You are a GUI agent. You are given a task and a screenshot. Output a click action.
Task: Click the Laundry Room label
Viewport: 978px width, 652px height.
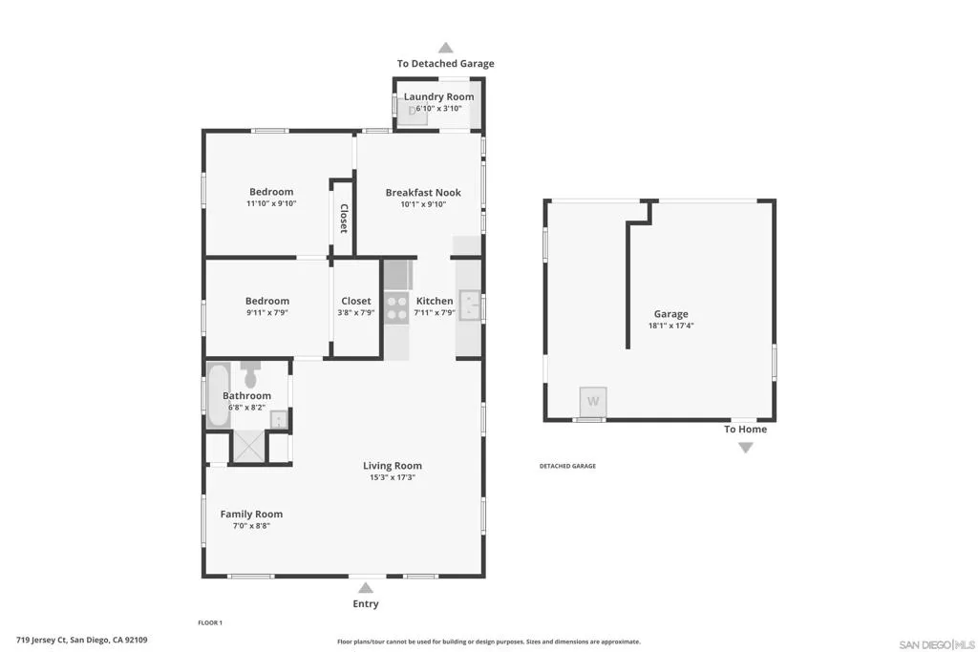(438, 96)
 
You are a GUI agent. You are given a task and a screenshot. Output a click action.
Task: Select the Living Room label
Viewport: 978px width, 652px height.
(393, 466)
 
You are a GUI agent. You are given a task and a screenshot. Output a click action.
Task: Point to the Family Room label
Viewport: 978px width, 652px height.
(251, 514)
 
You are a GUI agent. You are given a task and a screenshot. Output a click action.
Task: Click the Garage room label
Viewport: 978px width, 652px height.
(670, 314)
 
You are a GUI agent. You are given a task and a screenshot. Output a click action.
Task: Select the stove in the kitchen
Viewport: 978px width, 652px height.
(396, 307)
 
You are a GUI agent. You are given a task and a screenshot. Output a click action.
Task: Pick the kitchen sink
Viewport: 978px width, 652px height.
(470, 305)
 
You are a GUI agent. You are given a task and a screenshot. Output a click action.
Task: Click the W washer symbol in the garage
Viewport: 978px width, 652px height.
(593, 401)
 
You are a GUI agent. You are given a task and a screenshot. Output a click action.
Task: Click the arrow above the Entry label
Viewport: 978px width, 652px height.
(366, 588)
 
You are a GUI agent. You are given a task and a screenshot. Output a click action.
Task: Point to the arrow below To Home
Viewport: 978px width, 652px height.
(745, 447)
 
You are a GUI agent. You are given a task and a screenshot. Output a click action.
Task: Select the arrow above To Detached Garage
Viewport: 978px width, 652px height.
(445, 47)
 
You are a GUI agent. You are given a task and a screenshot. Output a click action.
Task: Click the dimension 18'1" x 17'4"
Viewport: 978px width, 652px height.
(670, 326)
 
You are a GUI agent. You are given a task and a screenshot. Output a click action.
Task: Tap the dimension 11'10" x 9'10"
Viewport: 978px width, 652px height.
(271, 203)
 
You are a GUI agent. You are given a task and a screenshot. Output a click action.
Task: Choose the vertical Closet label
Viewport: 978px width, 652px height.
(343, 218)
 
